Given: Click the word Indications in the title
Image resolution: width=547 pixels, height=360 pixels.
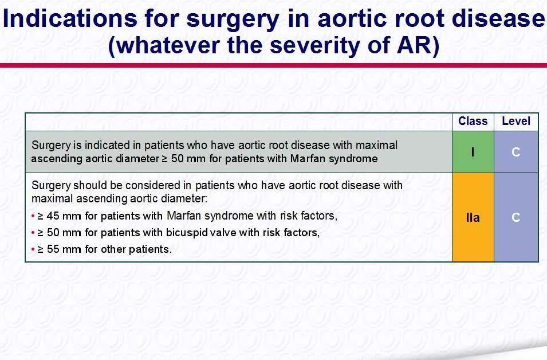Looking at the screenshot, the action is [x=70, y=18].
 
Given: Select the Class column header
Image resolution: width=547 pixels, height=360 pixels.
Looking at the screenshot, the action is [x=473, y=121].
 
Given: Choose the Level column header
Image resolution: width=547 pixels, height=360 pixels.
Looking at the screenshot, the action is [x=516, y=121].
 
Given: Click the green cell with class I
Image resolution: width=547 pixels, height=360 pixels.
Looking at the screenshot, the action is [x=473, y=152].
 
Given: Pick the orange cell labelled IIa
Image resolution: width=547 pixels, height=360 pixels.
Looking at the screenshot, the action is [x=473, y=217].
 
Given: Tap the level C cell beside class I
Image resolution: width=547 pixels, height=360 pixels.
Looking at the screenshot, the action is [x=516, y=152].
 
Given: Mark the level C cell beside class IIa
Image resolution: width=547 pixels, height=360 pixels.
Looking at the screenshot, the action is [x=516, y=217].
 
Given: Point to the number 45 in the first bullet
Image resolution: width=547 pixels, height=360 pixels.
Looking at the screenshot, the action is [x=53, y=216].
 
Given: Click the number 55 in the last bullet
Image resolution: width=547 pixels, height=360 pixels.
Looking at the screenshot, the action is [x=53, y=249].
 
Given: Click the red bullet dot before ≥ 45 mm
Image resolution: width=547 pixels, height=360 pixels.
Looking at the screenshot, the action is [x=33, y=216].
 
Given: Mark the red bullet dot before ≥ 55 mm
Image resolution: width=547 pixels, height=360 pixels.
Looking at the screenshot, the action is [x=33, y=250].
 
